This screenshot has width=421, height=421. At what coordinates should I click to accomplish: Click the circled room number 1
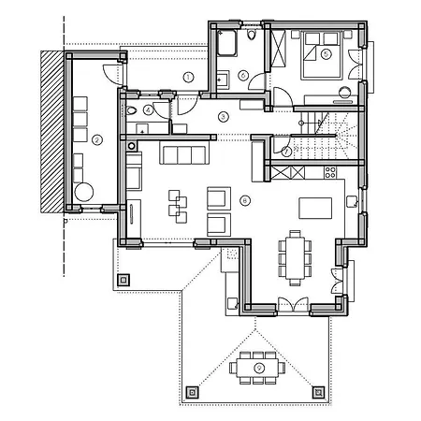[x=188, y=76]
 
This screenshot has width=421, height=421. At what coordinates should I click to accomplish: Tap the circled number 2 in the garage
[x=95, y=140]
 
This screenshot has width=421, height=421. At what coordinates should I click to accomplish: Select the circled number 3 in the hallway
[x=223, y=116]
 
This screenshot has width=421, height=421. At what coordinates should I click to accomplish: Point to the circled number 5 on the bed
[x=325, y=54]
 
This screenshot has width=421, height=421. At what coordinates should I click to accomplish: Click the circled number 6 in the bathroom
[x=243, y=76]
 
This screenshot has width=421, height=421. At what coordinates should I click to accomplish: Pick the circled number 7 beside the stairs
[x=286, y=150]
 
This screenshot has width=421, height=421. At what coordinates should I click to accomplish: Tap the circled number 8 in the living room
[x=245, y=199]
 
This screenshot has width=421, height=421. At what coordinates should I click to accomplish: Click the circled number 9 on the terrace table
[x=259, y=368]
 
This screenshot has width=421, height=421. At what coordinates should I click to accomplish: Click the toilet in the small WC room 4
[x=134, y=110]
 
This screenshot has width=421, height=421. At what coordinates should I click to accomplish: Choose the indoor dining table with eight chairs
[x=295, y=255]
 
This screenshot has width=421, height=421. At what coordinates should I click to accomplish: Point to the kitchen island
[x=315, y=206]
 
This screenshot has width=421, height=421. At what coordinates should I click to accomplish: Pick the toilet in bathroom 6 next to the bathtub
[x=254, y=37]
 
